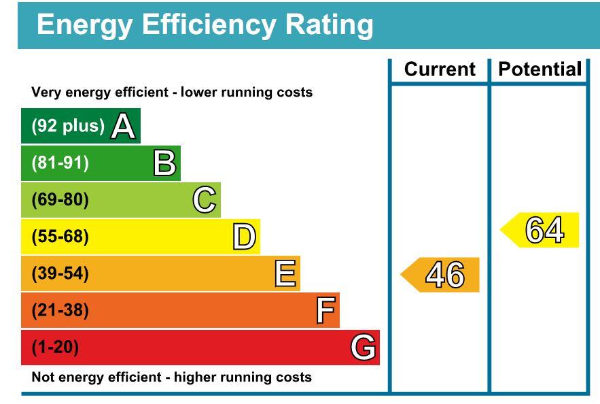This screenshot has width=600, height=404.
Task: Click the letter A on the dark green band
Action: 123,126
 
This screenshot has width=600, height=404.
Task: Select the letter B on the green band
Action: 164,163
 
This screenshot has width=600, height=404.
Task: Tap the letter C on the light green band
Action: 205,200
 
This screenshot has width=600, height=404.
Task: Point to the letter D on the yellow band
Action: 244,237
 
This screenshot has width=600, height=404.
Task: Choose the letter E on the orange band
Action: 285,273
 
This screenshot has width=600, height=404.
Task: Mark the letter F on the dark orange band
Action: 325,310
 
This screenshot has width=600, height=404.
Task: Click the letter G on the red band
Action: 364,348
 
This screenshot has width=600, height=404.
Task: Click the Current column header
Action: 440,69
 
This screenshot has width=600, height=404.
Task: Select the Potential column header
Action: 540,69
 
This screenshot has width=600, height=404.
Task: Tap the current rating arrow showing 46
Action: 442,275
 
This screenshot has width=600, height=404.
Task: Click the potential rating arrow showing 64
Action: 541,230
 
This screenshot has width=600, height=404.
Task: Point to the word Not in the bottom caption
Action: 42,377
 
